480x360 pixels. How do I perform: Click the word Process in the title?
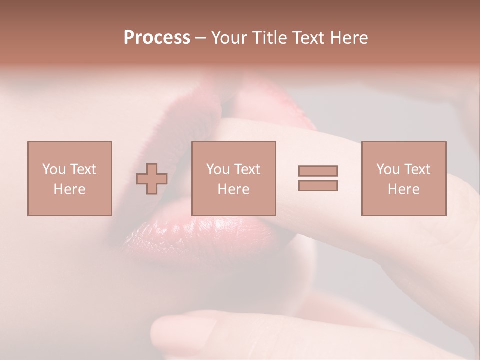pyautogui.click(x=157, y=38)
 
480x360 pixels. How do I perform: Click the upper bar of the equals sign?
pyautogui.click(x=318, y=171)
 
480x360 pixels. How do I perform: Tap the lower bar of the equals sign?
pyautogui.click(x=318, y=185)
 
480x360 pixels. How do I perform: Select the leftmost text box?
pyautogui.click(x=69, y=178)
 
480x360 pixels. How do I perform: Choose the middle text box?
pyautogui.click(x=233, y=178)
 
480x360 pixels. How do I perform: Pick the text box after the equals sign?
pyautogui.click(x=403, y=178)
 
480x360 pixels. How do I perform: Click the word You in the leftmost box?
pyautogui.click(x=54, y=169)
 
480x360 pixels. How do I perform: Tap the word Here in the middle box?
pyautogui.click(x=233, y=189)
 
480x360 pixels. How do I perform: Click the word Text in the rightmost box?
pyautogui.click(x=417, y=169)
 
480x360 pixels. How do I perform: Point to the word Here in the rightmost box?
pyautogui.click(x=403, y=189)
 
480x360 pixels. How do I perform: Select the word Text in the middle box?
pyautogui.click(x=247, y=169)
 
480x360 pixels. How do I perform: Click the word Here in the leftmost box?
pyautogui.click(x=69, y=189)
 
